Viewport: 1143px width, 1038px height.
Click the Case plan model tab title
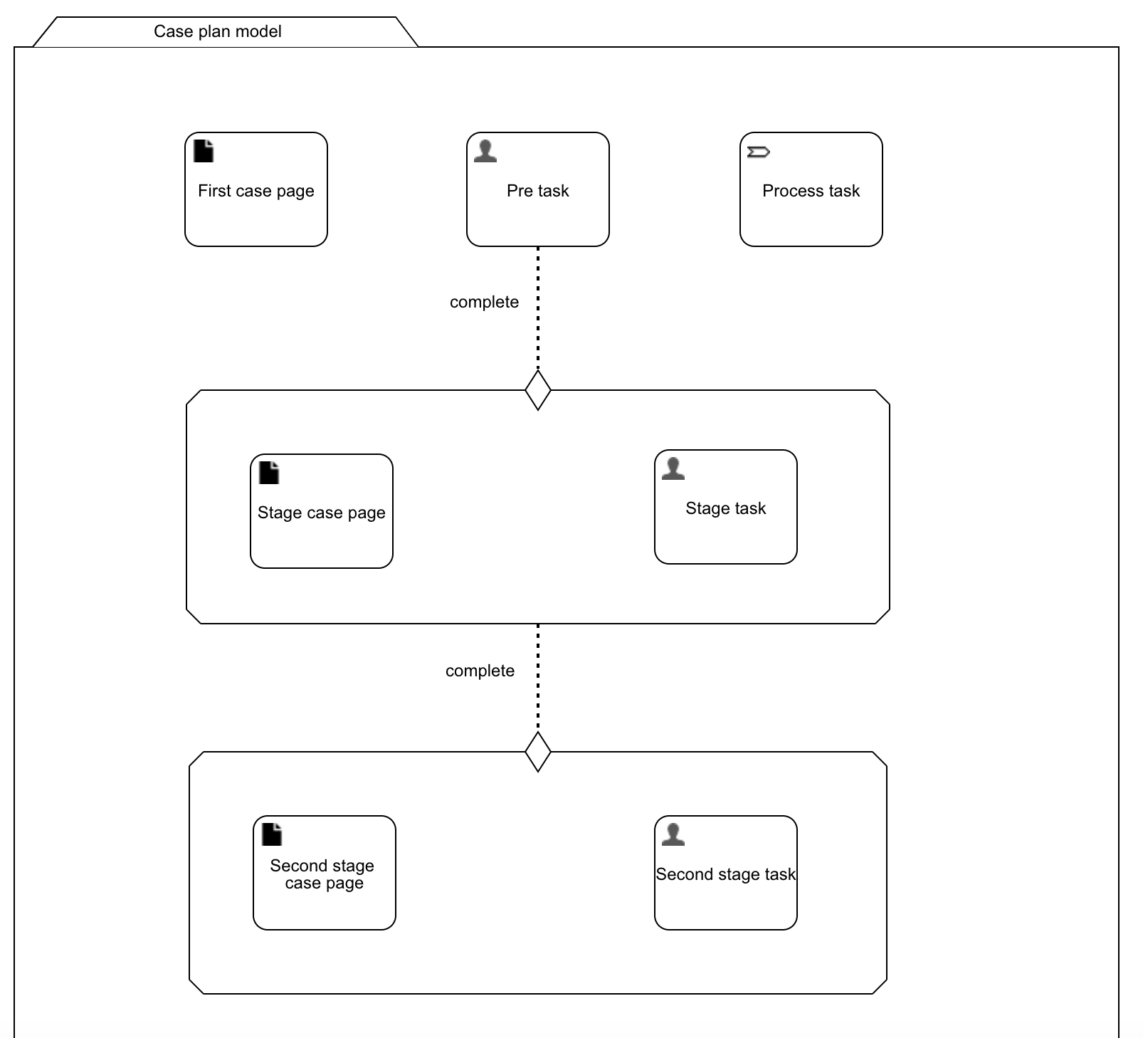pos(217,31)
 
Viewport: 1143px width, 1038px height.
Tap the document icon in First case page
pos(204,151)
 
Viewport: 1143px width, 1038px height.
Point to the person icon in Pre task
pos(485,151)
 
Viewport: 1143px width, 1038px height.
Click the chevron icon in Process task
pos(758,152)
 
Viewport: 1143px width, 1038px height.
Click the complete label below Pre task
pos(484,302)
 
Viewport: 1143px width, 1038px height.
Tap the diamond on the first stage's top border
pos(538,390)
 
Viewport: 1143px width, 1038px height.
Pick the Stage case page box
pos(321,530)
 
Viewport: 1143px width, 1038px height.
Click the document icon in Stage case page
pos(269,473)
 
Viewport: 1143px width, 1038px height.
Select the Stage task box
pos(725,527)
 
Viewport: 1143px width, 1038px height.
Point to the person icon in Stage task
pos(673,468)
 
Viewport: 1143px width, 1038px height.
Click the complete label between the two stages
pos(480,671)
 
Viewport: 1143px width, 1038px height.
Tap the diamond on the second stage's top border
pos(538,752)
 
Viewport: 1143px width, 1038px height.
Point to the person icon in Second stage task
pos(673,834)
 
